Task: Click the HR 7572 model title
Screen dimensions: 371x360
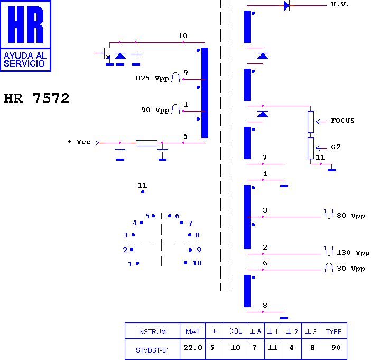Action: coord(36,98)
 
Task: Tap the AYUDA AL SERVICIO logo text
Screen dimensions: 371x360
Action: coord(25,59)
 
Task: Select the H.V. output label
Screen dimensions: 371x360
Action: coord(340,5)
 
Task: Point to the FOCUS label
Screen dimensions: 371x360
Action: coord(342,121)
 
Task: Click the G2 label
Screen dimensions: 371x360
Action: coord(336,147)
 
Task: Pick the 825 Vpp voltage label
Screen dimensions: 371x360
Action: coord(152,78)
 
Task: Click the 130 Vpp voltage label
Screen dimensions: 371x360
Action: coord(353,253)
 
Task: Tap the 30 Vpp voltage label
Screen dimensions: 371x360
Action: coord(350,269)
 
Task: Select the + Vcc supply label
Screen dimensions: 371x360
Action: coord(79,142)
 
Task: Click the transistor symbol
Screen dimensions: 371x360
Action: coord(106,53)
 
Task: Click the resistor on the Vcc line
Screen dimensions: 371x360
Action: coord(146,143)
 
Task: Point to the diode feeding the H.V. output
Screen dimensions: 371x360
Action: coord(286,5)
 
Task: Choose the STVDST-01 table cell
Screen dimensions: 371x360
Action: coord(152,350)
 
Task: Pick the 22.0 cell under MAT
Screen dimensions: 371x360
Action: coord(193,347)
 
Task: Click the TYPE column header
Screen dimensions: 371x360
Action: coord(333,331)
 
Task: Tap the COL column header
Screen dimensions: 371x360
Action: coord(235,331)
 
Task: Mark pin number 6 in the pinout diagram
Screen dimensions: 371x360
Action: coord(177,216)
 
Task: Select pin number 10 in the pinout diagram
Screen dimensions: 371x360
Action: coord(197,263)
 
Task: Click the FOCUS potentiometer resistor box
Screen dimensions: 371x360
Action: coord(311,122)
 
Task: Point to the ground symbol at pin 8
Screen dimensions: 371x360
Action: coord(284,318)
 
